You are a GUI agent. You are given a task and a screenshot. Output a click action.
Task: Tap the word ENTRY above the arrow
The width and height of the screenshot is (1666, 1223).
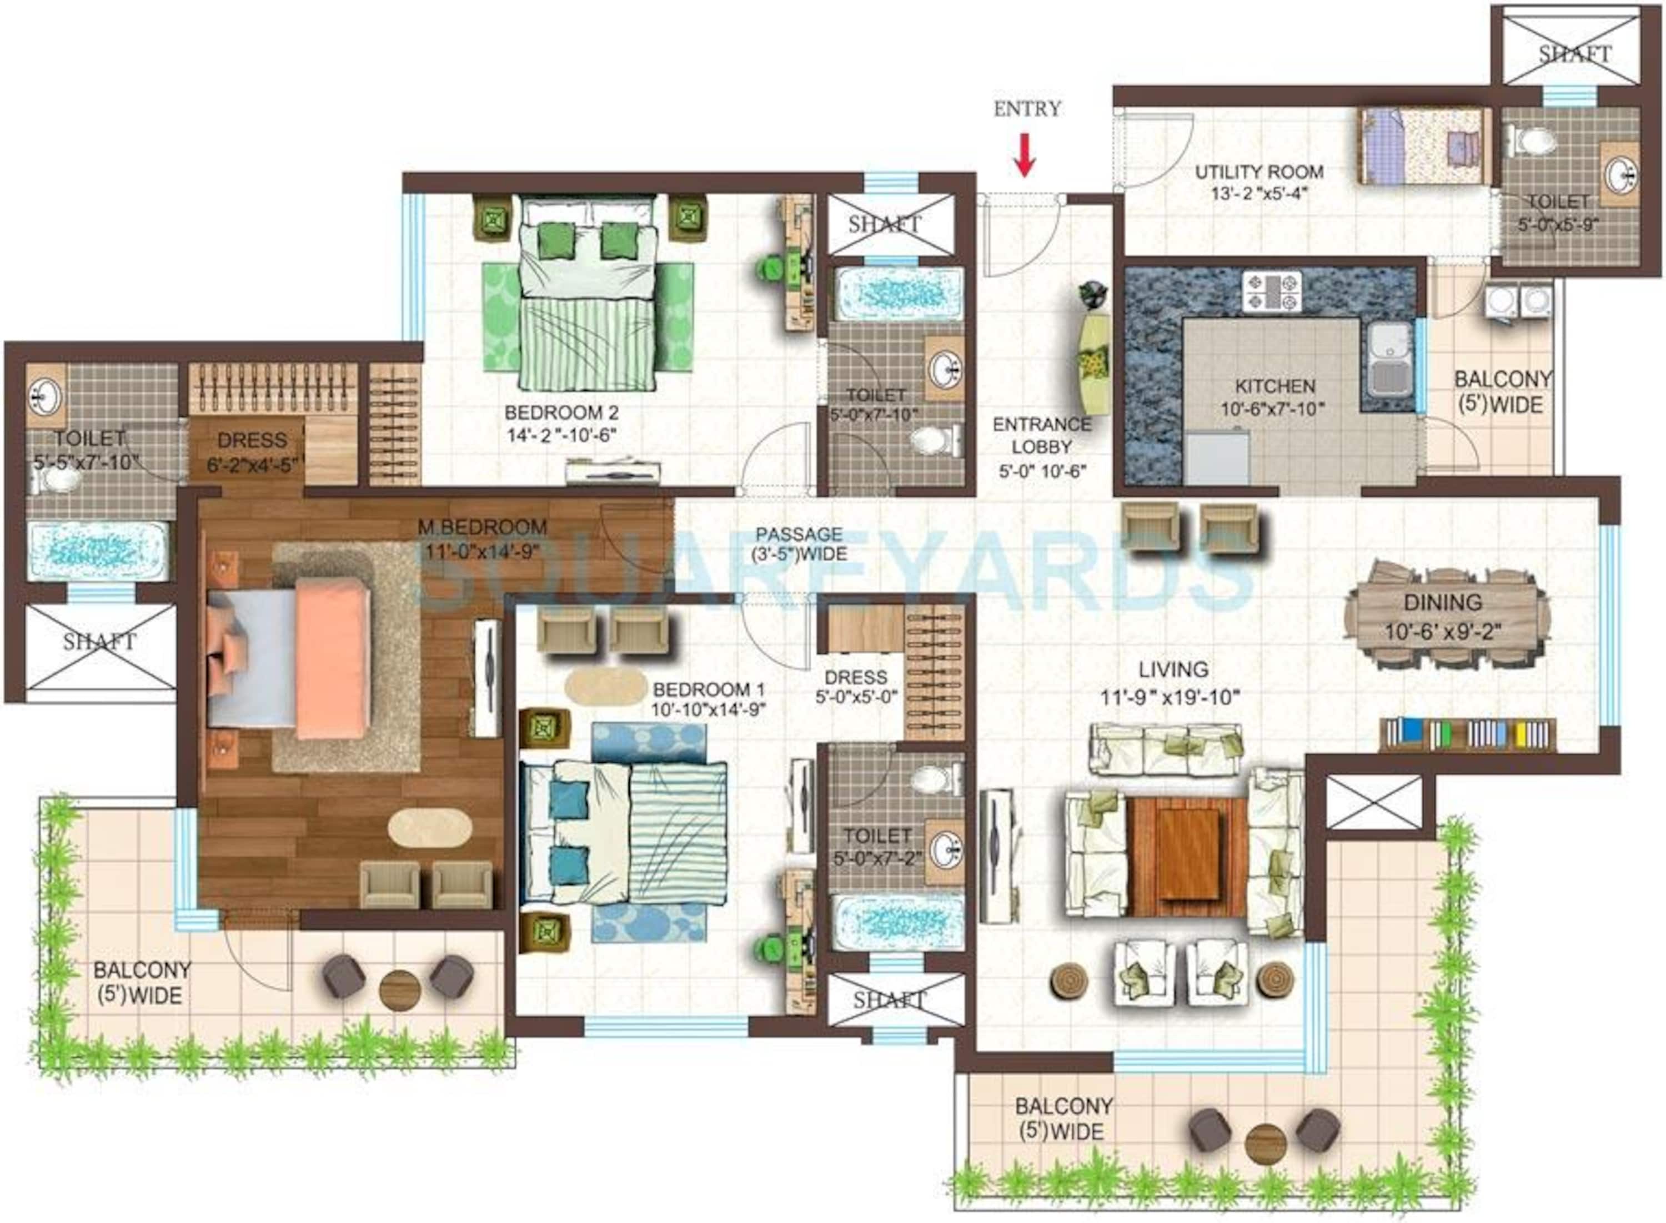pos(1026,109)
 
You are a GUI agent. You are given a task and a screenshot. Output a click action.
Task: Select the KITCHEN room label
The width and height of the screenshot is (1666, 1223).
pos(1274,386)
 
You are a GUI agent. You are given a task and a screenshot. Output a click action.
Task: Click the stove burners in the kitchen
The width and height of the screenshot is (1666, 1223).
pos(1272,291)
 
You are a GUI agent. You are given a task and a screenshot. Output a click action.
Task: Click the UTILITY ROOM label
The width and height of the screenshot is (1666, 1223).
pos(1259,172)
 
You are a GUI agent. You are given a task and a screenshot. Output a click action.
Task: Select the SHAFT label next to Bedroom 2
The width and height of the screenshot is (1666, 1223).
pos(885,224)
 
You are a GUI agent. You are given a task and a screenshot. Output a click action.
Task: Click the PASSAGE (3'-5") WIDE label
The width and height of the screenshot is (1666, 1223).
pos(799,543)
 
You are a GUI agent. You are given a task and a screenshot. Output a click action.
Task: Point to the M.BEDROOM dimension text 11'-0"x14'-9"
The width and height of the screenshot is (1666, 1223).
pos(481,551)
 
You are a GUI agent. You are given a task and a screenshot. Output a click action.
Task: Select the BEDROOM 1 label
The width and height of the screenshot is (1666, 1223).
pos(708,689)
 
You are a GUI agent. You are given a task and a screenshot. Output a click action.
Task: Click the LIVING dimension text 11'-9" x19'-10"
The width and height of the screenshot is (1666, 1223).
pos(1170,697)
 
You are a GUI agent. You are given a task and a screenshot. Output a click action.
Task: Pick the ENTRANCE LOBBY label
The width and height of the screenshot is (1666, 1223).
pos(1041,435)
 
